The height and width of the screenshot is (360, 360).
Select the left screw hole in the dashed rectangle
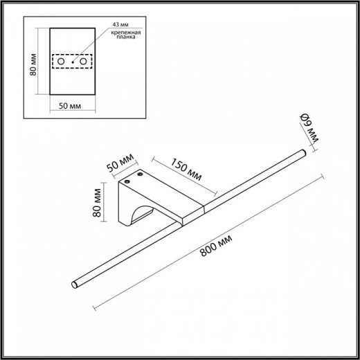[x=61, y=63]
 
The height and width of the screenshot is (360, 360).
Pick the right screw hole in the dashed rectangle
[x=84, y=63]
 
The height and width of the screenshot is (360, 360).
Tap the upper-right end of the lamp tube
[x=302, y=152]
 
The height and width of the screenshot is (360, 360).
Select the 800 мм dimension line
[x=208, y=240]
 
